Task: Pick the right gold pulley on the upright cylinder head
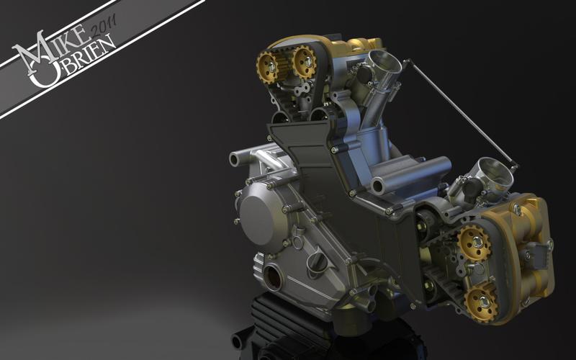304,61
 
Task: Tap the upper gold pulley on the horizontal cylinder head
474,243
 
